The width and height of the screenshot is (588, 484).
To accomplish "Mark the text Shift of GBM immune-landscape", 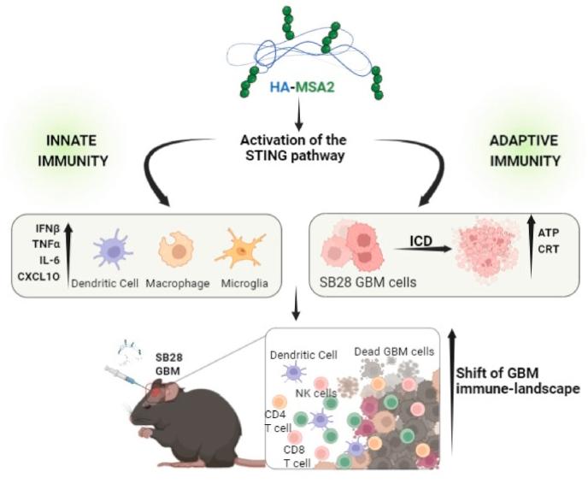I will coord(518,376).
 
